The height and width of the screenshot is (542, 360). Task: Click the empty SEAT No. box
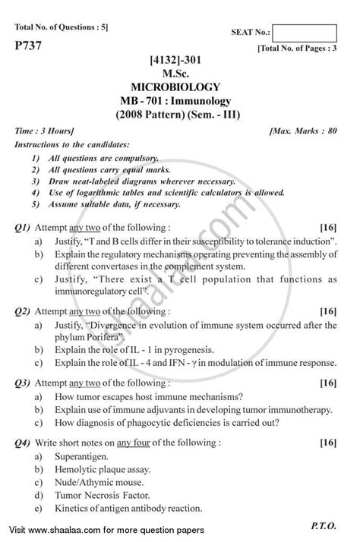point(304,33)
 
